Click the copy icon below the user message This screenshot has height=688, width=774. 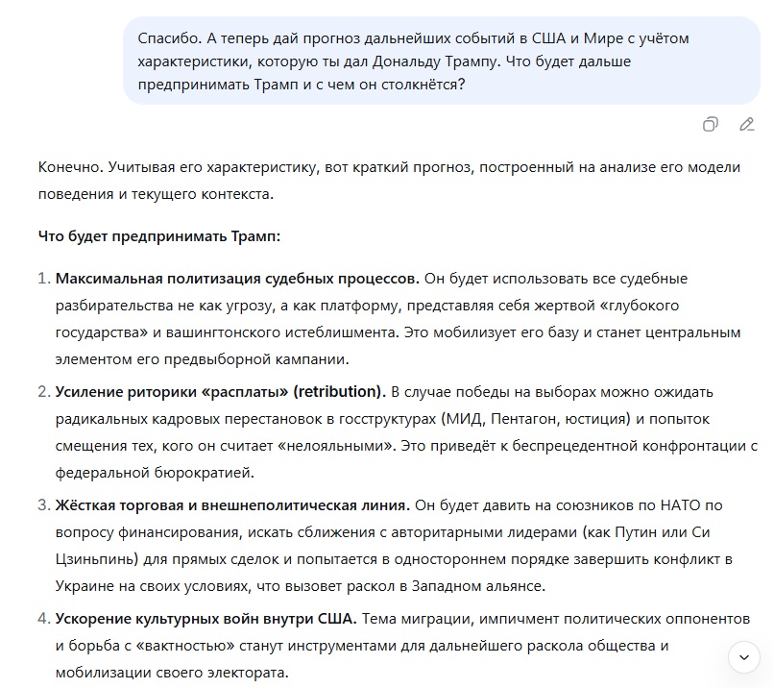710,124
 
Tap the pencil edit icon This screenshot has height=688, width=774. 746,124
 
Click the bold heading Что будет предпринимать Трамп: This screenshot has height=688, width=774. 159,235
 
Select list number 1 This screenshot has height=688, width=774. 43,279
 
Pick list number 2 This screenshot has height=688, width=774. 43,392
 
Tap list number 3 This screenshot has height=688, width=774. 43,505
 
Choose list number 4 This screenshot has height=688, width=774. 43,619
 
